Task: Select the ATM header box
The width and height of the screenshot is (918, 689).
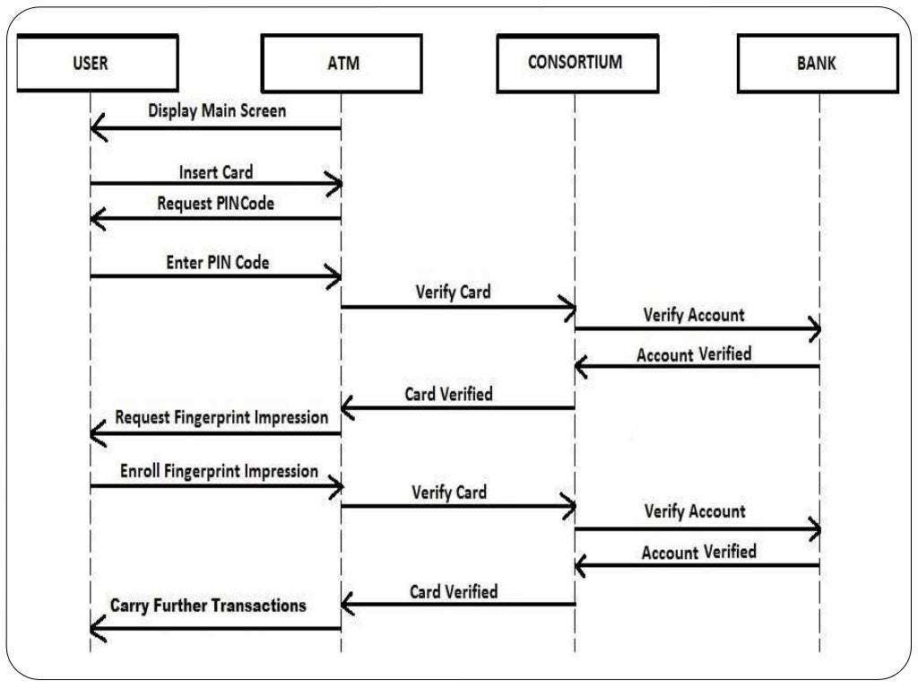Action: click(x=341, y=64)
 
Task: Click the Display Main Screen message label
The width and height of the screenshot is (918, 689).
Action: click(x=217, y=111)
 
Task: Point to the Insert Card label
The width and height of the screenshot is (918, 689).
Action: click(x=216, y=171)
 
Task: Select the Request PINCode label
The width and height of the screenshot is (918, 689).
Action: click(x=215, y=204)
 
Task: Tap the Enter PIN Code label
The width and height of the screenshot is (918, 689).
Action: click(x=217, y=263)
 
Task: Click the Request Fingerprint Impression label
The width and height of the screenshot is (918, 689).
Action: click(x=221, y=418)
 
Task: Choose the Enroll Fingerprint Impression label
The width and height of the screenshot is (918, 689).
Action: click(x=219, y=471)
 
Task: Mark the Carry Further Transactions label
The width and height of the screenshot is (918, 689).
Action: click(x=208, y=606)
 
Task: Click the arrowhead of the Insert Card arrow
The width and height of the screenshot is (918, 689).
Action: click(x=334, y=185)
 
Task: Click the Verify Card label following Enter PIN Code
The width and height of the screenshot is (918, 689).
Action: click(x=453, y=292)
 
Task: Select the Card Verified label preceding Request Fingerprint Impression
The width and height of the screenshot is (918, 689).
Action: click(x=448, y=394)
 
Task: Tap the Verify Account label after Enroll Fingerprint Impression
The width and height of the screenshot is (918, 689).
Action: click(x=695, y=511)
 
